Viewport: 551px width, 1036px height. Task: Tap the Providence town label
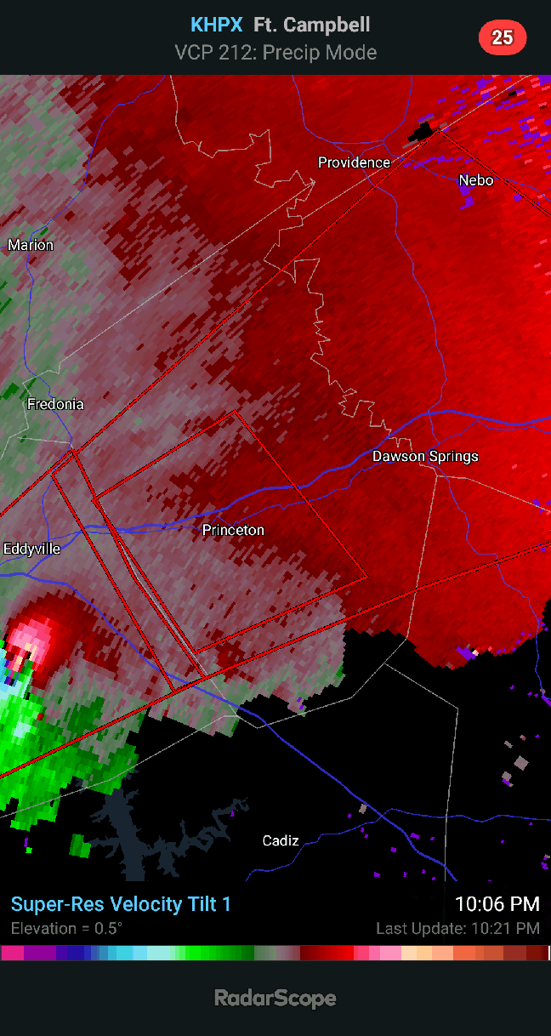(x=354, y=162)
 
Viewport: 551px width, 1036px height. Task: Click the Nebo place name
(x=476, y=180)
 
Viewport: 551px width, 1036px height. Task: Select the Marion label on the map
(x=31, y=246)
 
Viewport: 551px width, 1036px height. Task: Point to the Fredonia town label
(x=55, y=404)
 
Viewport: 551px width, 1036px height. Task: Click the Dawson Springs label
(x=425, y=457)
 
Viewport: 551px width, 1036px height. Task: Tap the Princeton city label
(x=233, y=531)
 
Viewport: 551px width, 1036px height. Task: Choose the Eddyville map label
(x=31, y=549)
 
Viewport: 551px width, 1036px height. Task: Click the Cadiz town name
(x=280, y=841)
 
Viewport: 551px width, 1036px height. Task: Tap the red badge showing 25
(x=503, y=37)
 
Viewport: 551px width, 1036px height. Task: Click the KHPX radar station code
(x=216, y=26)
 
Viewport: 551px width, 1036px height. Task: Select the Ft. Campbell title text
(x=311, y=26)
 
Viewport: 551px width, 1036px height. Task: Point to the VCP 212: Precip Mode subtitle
(x=275, y=53)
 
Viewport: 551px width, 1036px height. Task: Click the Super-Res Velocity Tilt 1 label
(x=121, y=904)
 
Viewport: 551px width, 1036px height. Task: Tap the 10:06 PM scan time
(x=497, y=904)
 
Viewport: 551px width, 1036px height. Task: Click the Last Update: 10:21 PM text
(x=457, y=929)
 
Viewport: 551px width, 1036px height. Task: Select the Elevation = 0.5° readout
(x=66, y=928)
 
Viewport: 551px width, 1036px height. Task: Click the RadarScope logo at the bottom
(x=275, y=998)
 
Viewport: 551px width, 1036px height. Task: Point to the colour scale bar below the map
(x=275, y=953)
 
